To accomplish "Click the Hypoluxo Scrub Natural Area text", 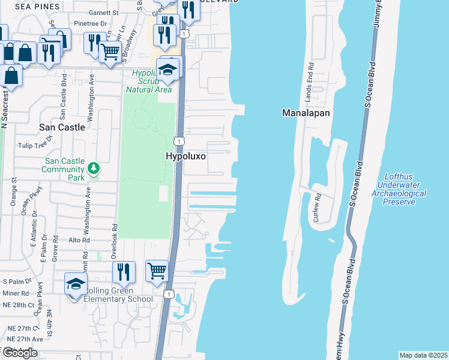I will point(148,81).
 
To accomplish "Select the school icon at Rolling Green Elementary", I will point(76,283).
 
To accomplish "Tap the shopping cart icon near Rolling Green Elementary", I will point(157,270).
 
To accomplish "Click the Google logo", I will point(20,353).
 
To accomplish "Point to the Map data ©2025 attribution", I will point(423,355).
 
